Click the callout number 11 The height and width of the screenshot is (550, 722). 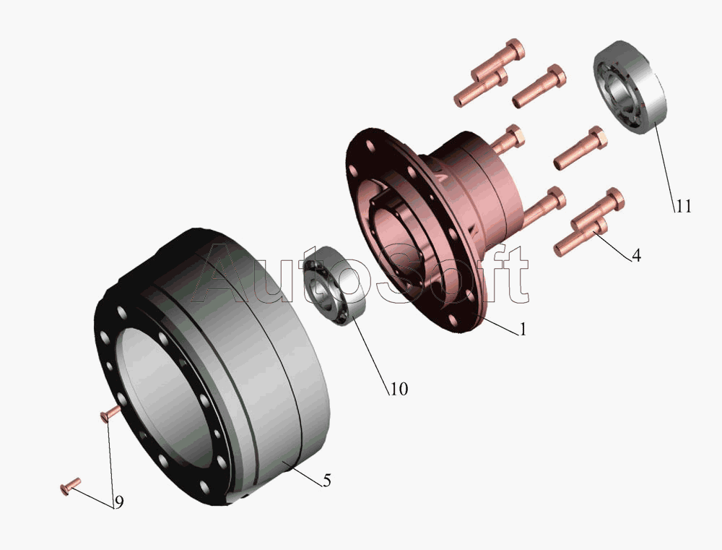pyautogui.click(x=683, y=206)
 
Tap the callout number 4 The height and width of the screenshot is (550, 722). pyautogui.click(x=636, y=255)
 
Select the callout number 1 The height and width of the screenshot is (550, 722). pyautogui.click(x=522, y=329)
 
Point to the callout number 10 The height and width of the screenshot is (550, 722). pyautogui.click(x=399, y=389)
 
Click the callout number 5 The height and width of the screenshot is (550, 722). pyautogui.click(x=327, y=481)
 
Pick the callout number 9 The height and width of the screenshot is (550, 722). pyautogui.click(x=119, y=502)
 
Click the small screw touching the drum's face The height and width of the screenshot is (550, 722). pyautogui.click(x=110, y=413)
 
